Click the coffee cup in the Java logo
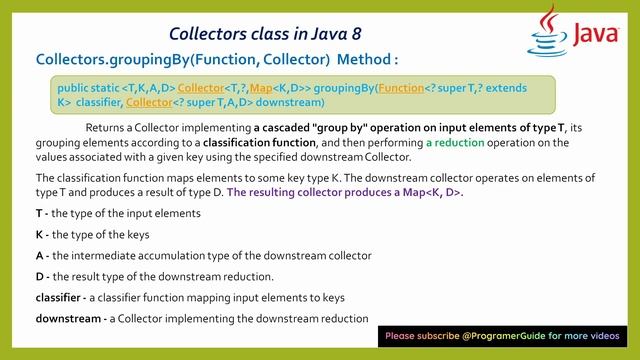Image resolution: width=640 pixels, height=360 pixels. coord(545,35)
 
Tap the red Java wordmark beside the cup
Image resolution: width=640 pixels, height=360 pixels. coord(595,35)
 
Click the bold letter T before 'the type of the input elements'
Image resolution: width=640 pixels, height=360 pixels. coord(38,213)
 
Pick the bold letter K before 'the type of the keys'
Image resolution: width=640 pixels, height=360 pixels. coord(38,234)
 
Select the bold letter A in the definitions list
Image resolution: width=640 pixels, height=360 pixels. coord(38,255)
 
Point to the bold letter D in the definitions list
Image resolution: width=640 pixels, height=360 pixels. coord(38,276)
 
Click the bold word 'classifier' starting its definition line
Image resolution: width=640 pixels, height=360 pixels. coord(61,297)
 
